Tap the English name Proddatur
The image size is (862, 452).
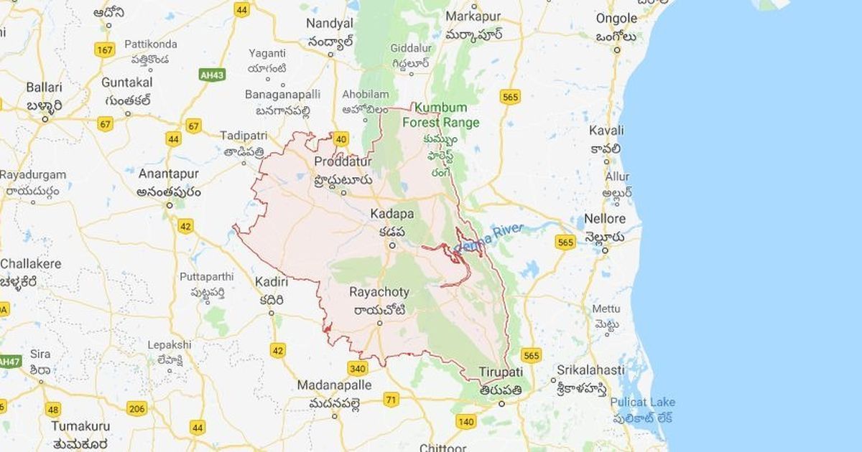pos(343,162)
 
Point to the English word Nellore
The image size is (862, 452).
pos(605,218)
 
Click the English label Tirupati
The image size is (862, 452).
pos(501,374)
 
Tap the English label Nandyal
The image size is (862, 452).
pos(330,23)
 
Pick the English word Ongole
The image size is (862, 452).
pos(616,18)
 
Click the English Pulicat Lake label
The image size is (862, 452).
pos(642,402)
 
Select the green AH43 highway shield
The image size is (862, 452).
pos(213,75)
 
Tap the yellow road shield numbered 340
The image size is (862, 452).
pos(358,368)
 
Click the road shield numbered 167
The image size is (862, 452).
pos(105,50)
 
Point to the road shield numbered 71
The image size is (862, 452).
pos(391,399)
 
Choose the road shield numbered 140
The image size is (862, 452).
pos(465,421)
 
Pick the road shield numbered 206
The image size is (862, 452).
pos(136,408)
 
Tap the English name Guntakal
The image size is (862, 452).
pos(127,82)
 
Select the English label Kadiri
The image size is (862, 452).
pos(272,282)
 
